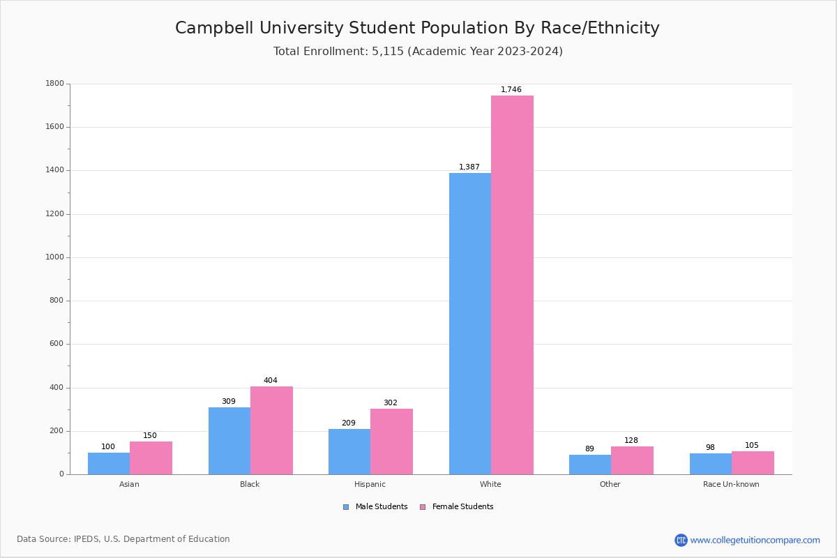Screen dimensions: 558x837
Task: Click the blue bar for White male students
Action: (469, 324)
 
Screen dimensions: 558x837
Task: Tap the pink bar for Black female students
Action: (271, 430)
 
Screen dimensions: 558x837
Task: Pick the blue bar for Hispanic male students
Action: (349, 451)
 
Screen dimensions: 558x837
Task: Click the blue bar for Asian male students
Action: (109, 463)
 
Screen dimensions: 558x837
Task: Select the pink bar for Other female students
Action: (632, 460)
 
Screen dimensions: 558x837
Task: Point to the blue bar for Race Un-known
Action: (710, 464)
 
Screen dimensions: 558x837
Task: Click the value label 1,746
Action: (511, 90)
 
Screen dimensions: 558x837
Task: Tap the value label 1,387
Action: (469, 167)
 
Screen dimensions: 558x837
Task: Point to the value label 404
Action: (270, 381)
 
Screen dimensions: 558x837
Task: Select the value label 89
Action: (589, 449)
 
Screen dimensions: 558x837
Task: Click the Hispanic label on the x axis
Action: (370, 484)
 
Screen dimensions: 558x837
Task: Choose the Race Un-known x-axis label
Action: (731, 484)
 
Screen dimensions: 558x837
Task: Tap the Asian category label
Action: (129, 484)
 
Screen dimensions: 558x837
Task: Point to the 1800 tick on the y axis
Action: (54, 84)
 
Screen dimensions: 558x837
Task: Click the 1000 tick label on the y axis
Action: (54, 257)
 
